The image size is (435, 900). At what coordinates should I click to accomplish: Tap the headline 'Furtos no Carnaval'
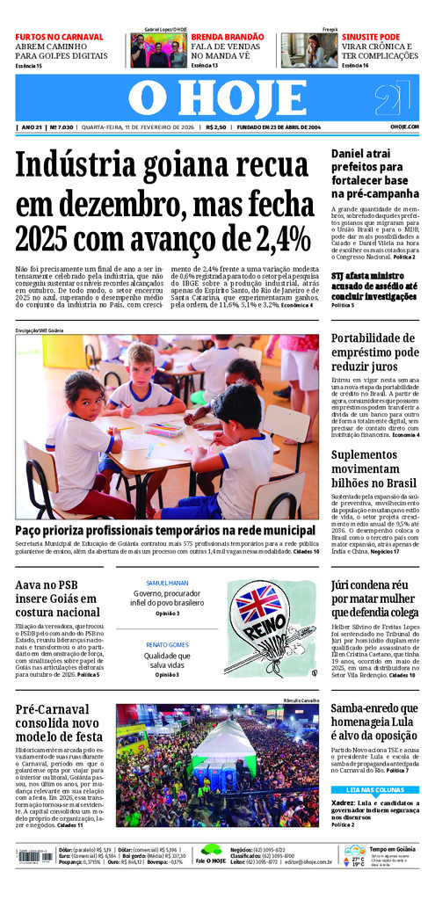tap(59, 37)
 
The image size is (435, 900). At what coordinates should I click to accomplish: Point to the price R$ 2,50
tap(216, 127)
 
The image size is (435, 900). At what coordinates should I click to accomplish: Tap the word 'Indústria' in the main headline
tap(83, 166)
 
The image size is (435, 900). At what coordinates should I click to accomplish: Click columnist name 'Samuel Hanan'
tap(167, 583)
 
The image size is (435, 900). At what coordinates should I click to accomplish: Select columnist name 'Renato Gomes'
tap(167, 645)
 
